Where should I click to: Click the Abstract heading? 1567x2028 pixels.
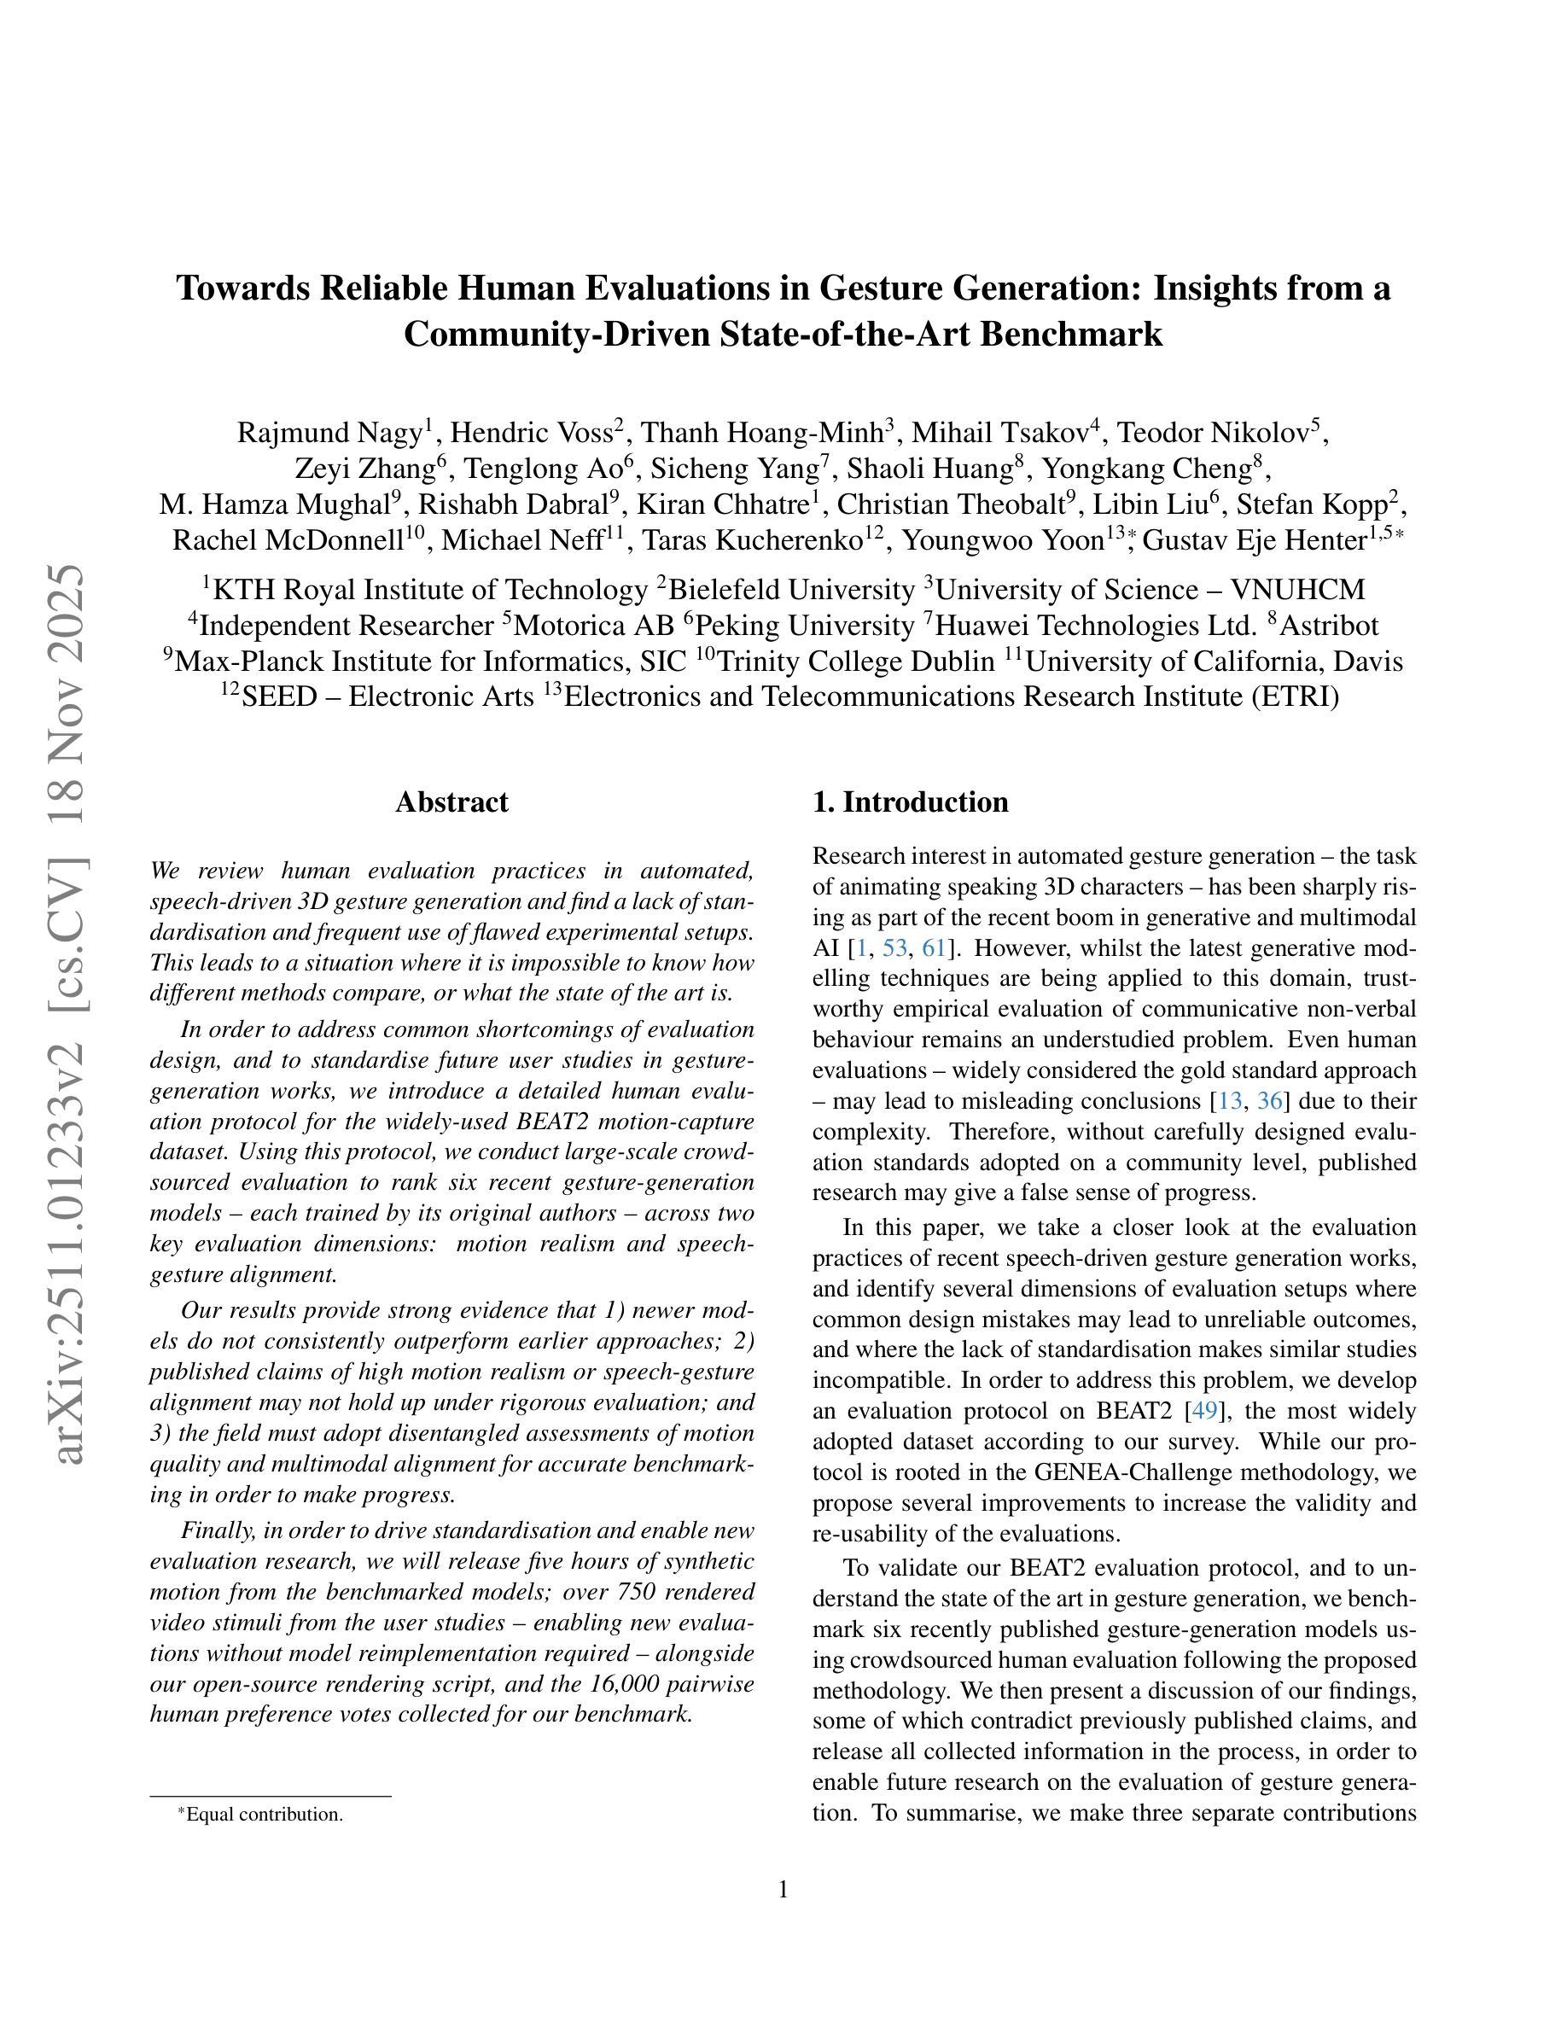(x=451, y=802)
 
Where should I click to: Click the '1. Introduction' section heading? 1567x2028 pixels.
(x=910, y=802)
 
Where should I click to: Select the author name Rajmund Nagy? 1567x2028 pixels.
(x=329, y=433)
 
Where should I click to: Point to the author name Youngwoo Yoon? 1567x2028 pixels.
(x=1003, y=539)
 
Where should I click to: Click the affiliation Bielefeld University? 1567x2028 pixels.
(x=792, y=590)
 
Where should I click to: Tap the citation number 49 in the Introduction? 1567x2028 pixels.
(x=1204, y=1411)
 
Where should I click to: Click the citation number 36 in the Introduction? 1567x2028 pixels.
(x=1269, y=1101)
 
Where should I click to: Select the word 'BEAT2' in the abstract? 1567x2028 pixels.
(x=551, y=1122)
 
